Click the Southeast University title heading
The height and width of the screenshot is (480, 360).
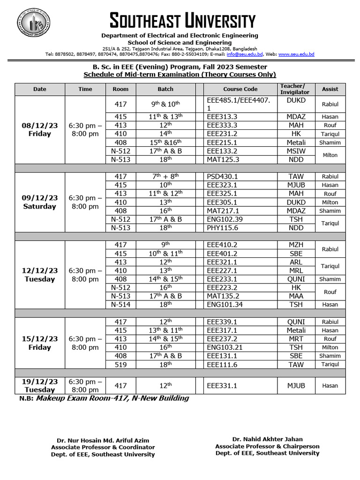[182, 21]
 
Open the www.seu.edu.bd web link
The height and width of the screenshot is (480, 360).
[296, 54]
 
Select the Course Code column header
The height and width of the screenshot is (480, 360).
[240, 89]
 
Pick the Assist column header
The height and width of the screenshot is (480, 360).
[330, 89]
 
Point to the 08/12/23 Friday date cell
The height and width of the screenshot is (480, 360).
[40, 129]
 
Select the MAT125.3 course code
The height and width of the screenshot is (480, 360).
[222, 159]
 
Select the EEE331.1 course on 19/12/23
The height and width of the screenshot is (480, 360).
[222, 386]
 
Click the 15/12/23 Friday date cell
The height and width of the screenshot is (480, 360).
[40, 343]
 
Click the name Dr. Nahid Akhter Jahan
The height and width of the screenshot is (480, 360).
[267, 440]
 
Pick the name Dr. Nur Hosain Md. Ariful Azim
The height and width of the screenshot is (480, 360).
[103, 441]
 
